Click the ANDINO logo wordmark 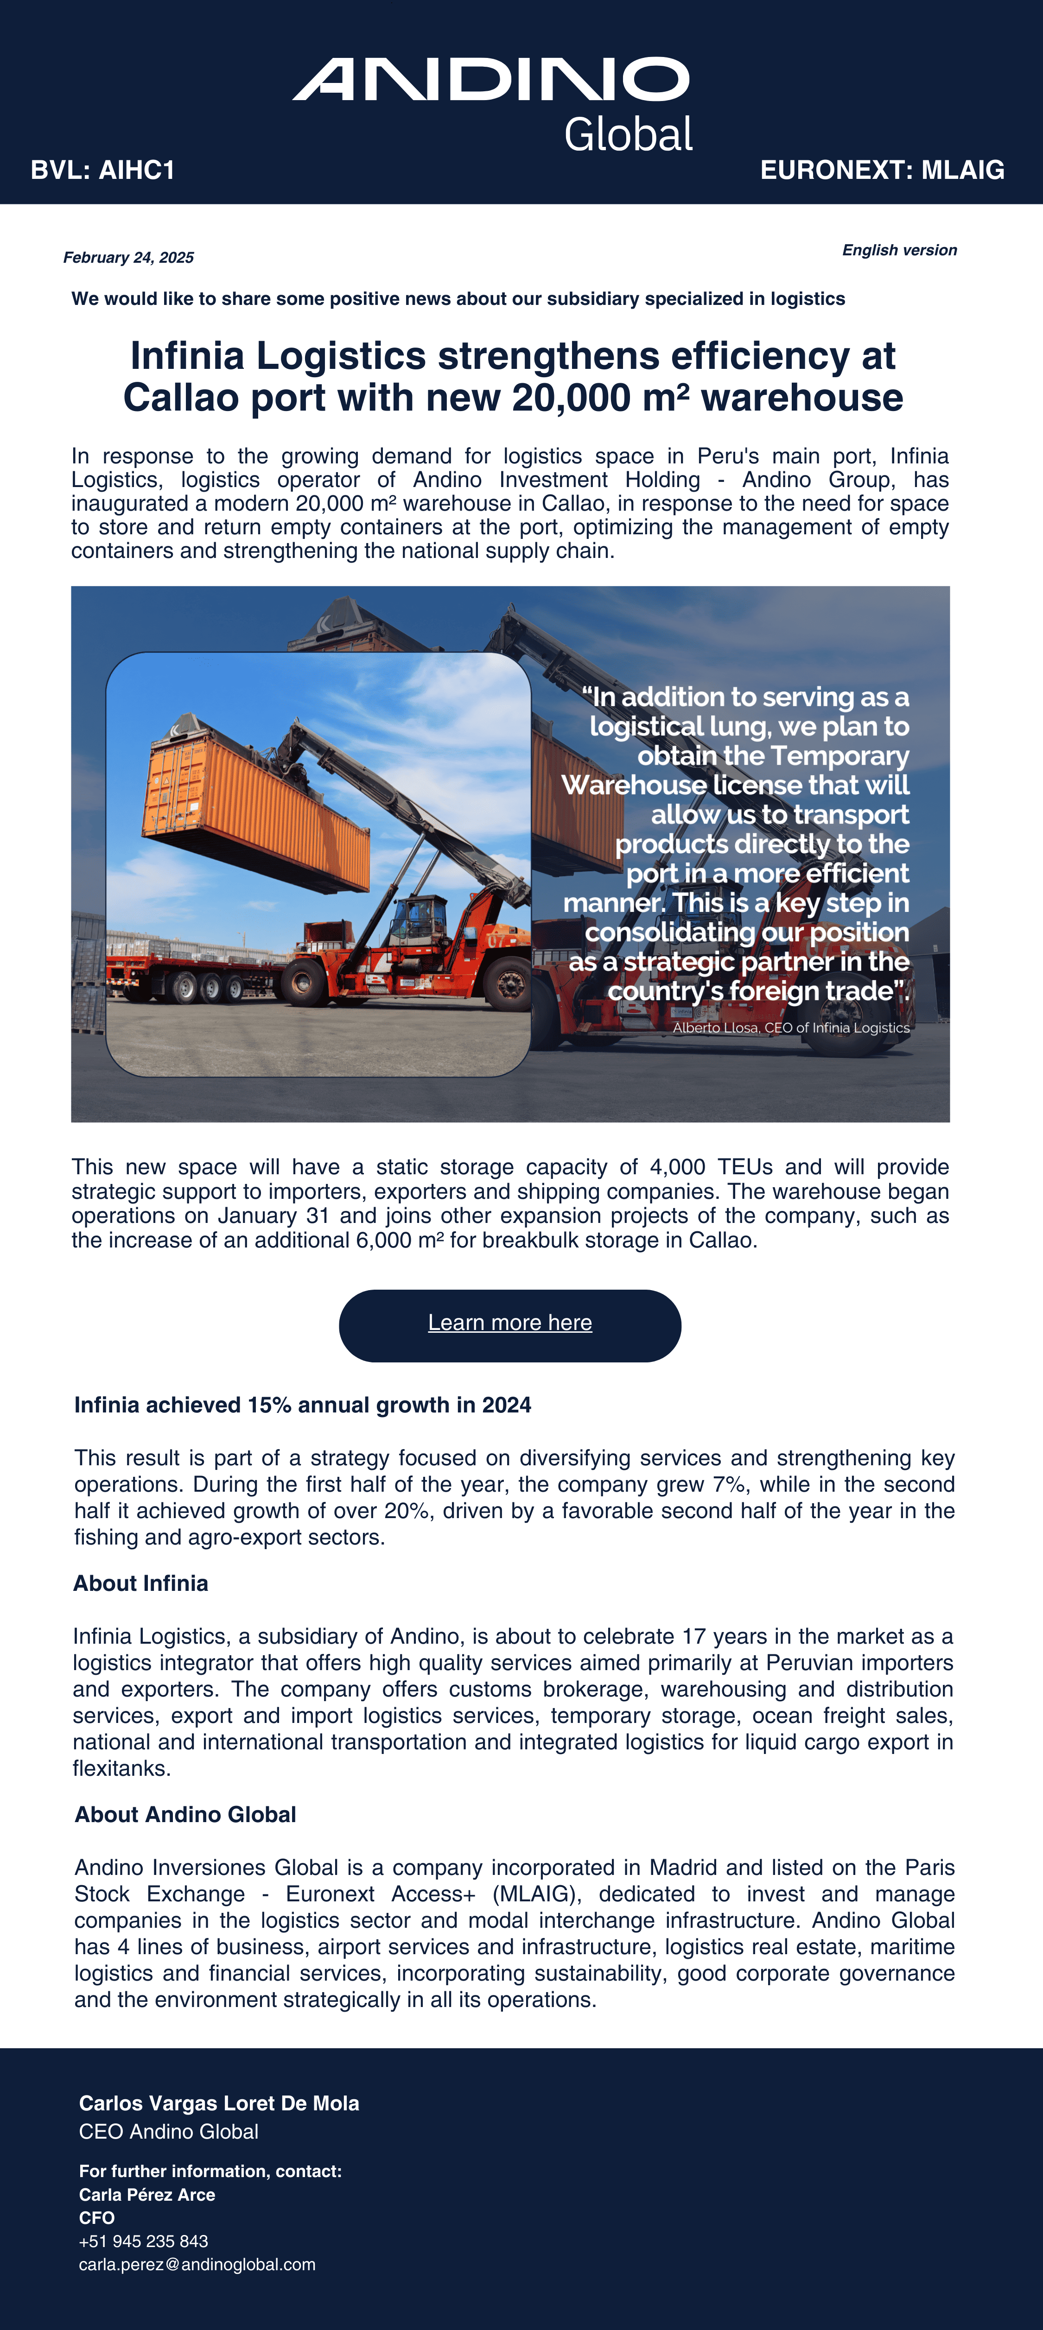pos(490,80)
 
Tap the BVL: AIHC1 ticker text pos(103,170)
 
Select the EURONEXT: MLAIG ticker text pos(882,170)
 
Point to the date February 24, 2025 pos(128,258)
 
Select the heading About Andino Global pos(185,1814)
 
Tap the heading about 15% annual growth pos(302,1405)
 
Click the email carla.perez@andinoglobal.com pos(197,2264)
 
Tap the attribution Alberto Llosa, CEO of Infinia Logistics pos(791,1027)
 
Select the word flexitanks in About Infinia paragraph pos(121,1768)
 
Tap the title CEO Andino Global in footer pos(168,2132)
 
